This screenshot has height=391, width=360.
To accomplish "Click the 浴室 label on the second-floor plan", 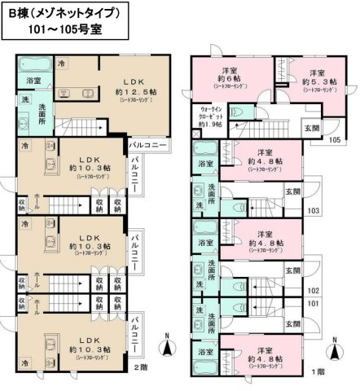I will (x=33, y=81).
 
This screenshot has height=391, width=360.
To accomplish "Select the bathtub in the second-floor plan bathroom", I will (x=34, y=64).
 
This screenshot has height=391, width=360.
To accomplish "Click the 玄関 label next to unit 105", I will (x=313, y=127).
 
